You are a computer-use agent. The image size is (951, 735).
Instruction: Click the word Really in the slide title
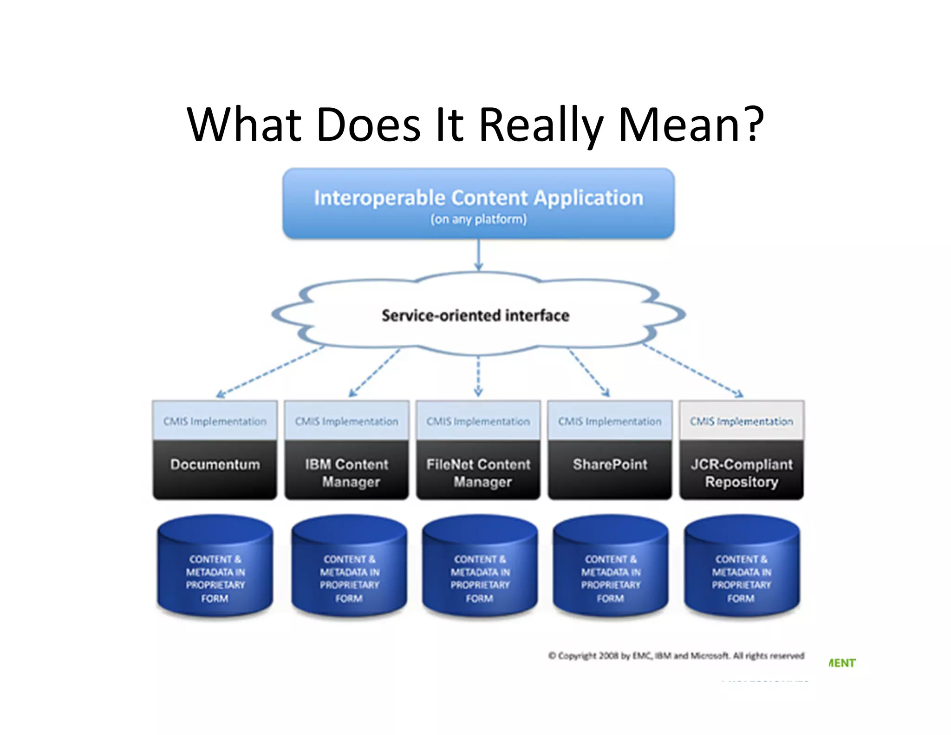click(x=541, y=125)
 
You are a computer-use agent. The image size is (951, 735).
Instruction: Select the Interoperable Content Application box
click(x=478, y=203)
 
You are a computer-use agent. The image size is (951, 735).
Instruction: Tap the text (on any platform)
click(x=478, y=219)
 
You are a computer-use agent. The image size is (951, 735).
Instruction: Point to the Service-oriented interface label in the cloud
click(x=475, y=316)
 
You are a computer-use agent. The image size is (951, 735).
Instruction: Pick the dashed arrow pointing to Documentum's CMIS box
click(x=269, y=372)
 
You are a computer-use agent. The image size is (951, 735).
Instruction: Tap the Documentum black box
click(x=215, y=469)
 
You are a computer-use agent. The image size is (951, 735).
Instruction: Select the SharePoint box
click(x=610, y=469)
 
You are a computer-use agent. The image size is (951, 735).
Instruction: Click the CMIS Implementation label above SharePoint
click(x=610, y=421)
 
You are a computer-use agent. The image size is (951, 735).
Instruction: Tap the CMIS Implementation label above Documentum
click(x=215, y=421)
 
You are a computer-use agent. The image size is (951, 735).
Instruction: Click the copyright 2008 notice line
click(x=676, y=656)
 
